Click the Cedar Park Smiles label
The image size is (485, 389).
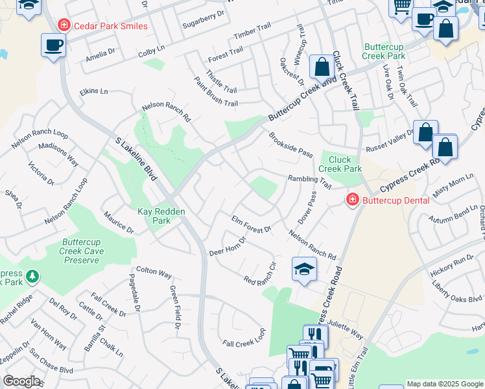click(111, 26)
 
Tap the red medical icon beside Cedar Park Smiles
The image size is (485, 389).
click(64, 26)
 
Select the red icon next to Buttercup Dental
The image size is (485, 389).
click(352, 200)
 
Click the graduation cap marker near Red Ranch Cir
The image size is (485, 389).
click(304, 269)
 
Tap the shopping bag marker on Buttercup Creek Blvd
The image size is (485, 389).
click(322, 66)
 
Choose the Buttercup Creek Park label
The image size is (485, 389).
click(384, 52)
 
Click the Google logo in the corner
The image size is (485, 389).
click(21, 381)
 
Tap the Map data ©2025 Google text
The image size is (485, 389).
click(445, 384)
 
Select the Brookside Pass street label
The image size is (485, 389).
click(291, 144)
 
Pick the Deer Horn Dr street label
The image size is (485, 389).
click(228, 248)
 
